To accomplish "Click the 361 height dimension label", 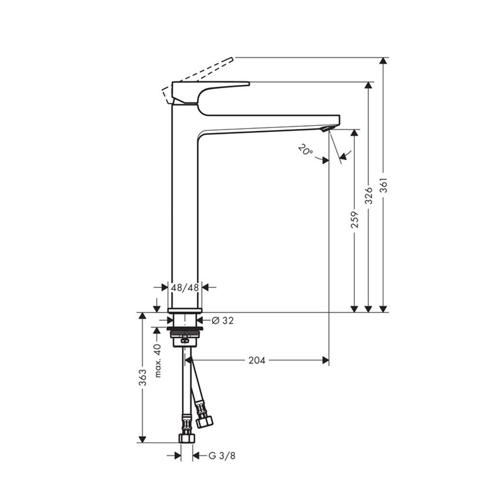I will [x=384, y=183].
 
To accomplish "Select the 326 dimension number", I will [x=369, y=195].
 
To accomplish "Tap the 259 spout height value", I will [x=355, y=220].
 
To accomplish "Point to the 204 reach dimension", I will [x=257, y=360].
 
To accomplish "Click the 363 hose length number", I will [x=142, y=377].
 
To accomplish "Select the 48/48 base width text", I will [x=185, y=288].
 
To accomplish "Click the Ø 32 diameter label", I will [x=222, y=320].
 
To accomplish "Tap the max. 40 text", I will [x=157, y=360].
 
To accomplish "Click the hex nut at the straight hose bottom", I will [x=186, y=438].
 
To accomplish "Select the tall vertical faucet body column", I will [x=185, y=203].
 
